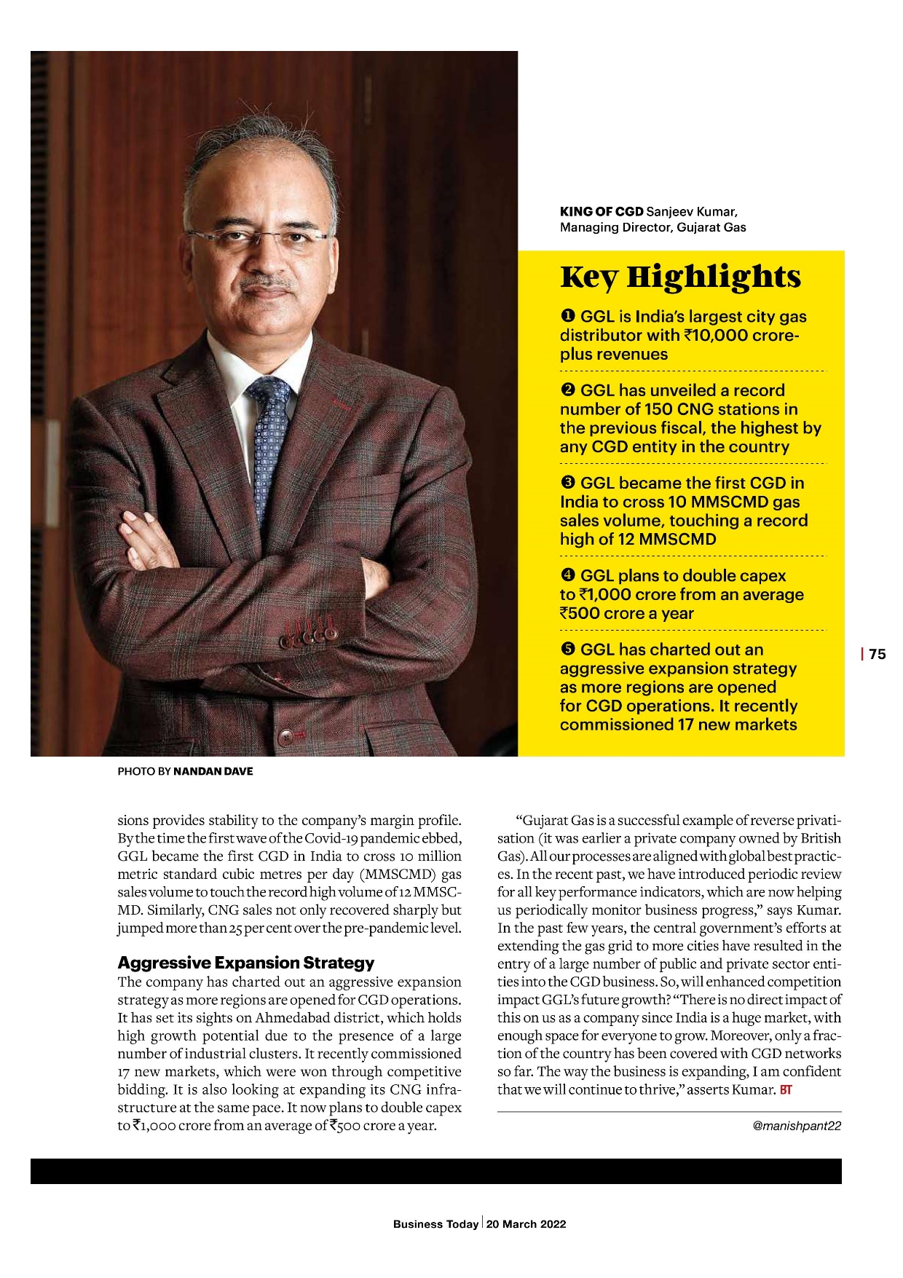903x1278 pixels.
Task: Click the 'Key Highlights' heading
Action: coord(680,277)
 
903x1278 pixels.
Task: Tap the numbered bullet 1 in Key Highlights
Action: coord(567,316)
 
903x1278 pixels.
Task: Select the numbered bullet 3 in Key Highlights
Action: coord(567,483)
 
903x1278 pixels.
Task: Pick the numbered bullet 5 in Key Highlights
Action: coord(567,649)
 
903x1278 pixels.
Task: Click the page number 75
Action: coord(877,654)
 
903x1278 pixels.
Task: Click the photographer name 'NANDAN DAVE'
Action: coord(213,771)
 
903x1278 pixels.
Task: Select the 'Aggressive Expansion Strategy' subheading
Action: coord(246,963)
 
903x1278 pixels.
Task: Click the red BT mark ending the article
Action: coord(786,1090)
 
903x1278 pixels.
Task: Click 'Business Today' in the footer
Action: coord(435,1224)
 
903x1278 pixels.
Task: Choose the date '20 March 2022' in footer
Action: coord(526,1224)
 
